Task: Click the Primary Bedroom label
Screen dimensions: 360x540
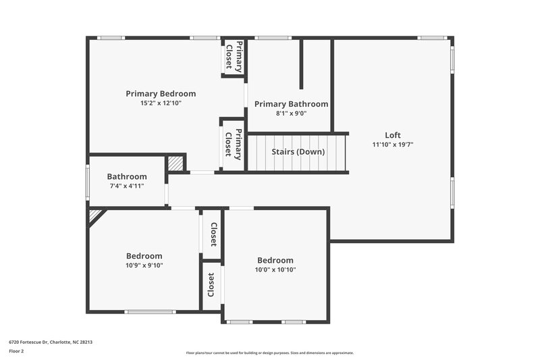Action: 161,94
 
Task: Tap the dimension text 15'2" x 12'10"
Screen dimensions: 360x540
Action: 161,103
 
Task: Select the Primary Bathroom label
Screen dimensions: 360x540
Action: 291,104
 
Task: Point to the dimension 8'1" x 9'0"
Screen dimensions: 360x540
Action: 291,113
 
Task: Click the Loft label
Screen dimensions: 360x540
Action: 392,134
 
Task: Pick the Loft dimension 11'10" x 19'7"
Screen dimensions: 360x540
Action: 392,144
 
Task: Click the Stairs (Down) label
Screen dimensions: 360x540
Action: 298,152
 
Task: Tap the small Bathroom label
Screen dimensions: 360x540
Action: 126,177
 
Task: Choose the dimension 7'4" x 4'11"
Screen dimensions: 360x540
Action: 126,186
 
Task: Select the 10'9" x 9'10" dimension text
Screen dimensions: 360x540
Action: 144,265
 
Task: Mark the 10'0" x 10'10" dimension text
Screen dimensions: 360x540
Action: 275,269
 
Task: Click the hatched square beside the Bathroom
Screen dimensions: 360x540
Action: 175,163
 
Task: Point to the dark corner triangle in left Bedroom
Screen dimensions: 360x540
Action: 95,215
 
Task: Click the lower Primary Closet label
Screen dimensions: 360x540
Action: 233,145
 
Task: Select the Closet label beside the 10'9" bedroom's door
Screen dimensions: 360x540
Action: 213,234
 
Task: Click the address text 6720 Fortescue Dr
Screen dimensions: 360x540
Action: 51,342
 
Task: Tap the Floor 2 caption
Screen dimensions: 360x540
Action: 17,351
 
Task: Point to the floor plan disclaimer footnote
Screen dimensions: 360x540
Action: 269,353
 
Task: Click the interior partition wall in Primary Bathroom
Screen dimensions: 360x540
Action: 301,65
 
